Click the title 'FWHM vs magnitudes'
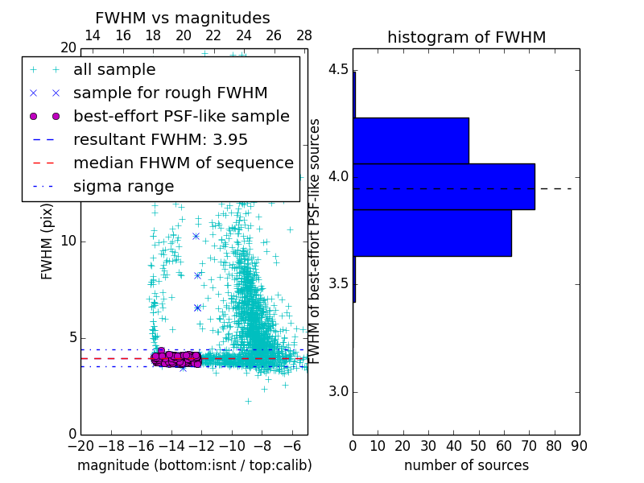[183, 18]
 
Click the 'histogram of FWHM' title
[466, 37]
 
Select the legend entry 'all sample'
[114, 70]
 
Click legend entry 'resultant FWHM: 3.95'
[160, 139]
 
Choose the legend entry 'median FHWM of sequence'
[183, 163]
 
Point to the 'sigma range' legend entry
[123, 186]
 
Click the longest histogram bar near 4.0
[444, 186]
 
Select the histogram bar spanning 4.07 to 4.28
[411, 140]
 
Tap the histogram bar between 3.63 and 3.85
[432, 233]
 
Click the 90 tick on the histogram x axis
[579, 445]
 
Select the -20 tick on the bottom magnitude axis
[80, 445]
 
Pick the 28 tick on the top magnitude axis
[304, 35]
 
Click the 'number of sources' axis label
[466, 465]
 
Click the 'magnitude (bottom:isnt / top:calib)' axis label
[194, 465]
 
